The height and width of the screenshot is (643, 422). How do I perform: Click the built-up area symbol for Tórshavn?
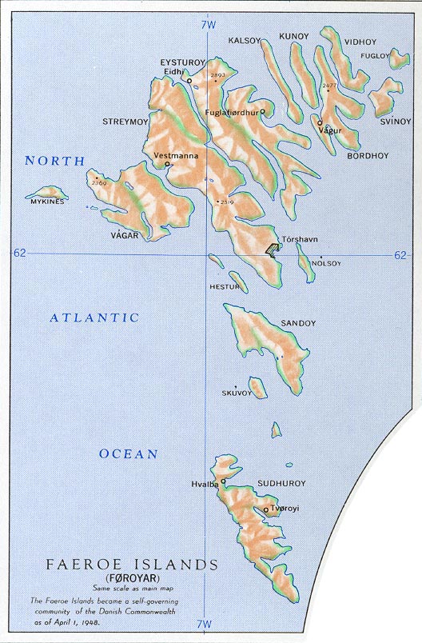coord(274,250)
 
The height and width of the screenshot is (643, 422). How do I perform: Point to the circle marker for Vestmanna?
coord(166,165)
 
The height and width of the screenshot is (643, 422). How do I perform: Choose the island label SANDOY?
coord(298,323)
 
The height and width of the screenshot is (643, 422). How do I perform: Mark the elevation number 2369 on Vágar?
coord(99,183)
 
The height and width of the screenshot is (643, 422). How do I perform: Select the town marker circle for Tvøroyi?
coord(265,509)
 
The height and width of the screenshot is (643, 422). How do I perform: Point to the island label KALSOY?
coord(245,39)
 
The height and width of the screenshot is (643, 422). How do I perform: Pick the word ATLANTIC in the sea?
coord(94,318)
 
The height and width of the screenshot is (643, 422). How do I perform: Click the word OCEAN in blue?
coord(128,453)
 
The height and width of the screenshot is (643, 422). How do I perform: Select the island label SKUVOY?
coord(237,393)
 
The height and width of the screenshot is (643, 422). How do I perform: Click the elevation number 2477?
coord(328,84)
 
